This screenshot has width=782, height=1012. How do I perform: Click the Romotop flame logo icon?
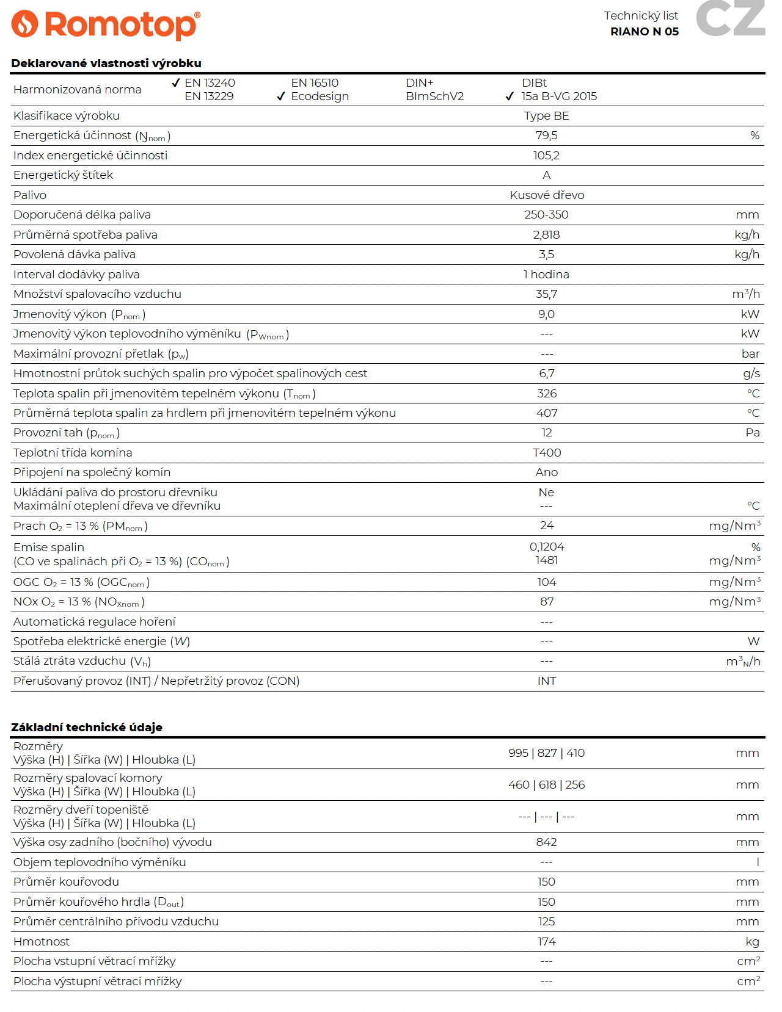(25, 24)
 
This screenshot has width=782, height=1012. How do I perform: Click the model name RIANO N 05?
(644, 32)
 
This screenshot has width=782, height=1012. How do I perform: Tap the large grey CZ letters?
(730, 18)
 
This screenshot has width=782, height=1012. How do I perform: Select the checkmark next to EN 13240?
(176, 83)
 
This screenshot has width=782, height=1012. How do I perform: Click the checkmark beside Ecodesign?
(281, 96)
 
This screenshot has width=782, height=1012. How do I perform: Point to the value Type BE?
(546, 116)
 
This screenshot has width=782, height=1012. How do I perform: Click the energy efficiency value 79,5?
(546, 136)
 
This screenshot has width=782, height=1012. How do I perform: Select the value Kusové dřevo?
(547, 195)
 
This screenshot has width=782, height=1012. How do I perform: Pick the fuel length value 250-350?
(546, 215)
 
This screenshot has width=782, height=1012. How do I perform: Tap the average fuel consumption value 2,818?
(546, 235)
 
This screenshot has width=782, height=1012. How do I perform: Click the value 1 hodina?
(546, 275)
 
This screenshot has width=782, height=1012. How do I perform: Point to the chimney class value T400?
(547, 453)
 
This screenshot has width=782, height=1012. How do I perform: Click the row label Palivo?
(30, 195)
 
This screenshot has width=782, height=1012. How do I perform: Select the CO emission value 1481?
(546, 560)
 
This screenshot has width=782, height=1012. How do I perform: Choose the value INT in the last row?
(547, 681)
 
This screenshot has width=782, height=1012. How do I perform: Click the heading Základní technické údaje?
(87, 727)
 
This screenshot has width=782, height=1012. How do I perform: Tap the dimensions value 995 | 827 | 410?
(546, 753)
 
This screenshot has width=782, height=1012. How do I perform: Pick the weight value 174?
(547, 942)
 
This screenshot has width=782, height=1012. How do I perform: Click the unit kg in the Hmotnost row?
(752, 942)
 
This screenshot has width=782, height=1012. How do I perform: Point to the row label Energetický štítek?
(64, 175)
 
